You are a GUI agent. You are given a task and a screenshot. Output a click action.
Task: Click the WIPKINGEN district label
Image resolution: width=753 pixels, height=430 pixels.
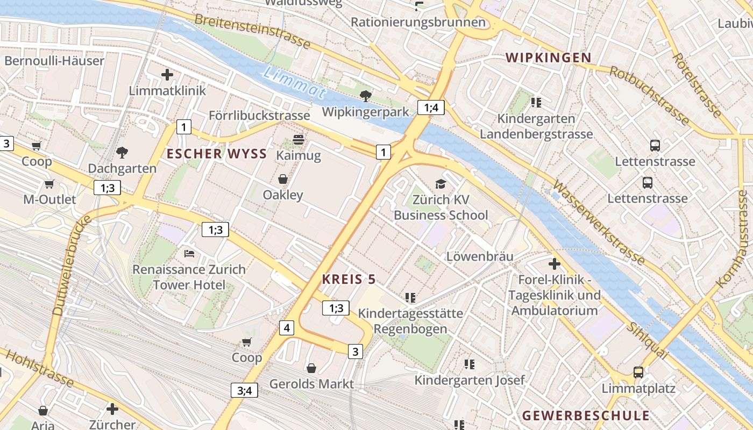(x=548, y=58)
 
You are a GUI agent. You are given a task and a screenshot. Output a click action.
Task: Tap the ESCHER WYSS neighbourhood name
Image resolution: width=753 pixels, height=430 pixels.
(x=217, y=154)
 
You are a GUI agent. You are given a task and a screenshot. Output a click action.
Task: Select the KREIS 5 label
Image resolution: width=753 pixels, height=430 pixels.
(x=349, y=279)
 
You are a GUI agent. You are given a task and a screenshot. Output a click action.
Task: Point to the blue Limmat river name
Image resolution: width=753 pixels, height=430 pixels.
(x=295, y=82)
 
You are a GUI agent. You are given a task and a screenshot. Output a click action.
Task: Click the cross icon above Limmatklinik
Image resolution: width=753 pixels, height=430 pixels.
(x=167, y=75)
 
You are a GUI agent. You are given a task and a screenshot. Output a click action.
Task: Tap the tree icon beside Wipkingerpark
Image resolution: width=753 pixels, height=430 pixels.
(x=366, y=96)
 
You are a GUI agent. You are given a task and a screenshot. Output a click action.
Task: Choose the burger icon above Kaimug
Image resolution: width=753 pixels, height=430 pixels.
(x=299, y=140)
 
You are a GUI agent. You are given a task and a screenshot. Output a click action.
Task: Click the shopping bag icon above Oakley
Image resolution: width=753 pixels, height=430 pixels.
(x=283, y=179)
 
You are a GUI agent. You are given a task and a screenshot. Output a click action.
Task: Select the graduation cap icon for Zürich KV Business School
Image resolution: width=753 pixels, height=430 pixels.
(x=441, y=184)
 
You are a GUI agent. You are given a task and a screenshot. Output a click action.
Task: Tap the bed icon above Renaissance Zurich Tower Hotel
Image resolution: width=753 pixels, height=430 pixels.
(x=189, y=253)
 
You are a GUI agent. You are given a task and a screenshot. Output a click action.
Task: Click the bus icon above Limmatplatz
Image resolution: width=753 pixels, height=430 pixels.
(x=638, y=372)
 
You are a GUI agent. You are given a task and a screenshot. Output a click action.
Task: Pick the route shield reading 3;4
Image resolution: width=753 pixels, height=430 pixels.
(x=244, y=390)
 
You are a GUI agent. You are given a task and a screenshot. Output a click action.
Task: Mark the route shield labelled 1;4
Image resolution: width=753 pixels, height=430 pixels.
(x=431, y=107)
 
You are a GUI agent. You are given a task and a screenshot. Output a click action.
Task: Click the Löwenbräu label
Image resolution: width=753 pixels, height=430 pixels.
(x=480, y=256)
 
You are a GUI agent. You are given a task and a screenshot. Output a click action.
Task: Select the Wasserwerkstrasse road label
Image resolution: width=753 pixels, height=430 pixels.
(x=598, y=224)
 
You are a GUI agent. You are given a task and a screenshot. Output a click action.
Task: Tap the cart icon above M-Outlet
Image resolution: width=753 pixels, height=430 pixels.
(x=49, y=184)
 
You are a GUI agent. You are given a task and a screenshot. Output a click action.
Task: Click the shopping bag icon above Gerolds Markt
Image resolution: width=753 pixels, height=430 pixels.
(x=311, y=368)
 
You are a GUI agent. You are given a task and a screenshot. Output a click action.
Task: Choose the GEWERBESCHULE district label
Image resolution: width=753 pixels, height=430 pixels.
(x=586, y=415)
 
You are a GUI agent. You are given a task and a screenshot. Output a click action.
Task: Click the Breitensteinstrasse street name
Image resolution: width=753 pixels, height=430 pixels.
(x=252, y=31)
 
